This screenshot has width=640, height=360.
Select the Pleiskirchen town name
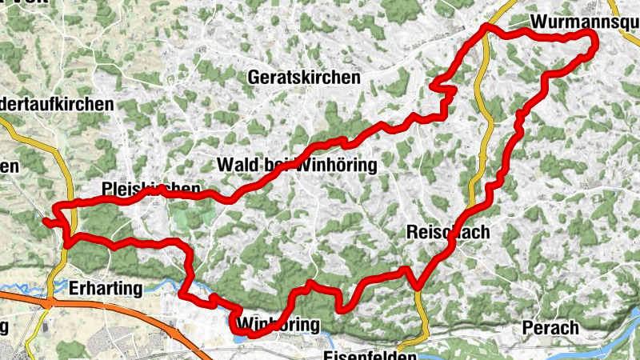151,189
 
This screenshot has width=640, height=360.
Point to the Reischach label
447,232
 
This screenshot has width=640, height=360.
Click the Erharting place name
106,287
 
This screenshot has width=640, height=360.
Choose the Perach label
550,327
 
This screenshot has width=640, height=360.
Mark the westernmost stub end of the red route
45,221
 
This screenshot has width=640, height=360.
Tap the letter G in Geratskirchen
255,78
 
